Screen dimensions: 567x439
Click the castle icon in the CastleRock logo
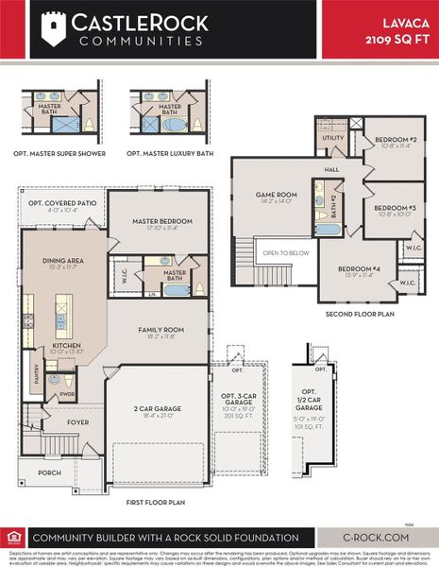[x=55, y=28]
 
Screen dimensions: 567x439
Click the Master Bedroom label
[x=161, y=222]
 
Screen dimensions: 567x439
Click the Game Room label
[x=276, y=196]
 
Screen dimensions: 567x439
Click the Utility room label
[x=333, y=139]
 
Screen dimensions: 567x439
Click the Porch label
[x=48, y=472]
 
